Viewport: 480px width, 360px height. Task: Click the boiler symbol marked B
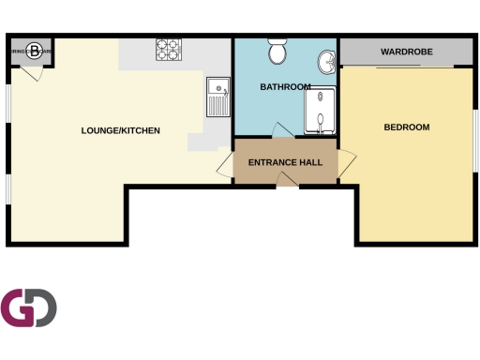[34, 51]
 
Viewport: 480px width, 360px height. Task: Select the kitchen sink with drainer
[217, 97]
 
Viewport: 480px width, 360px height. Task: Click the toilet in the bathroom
[277, 52]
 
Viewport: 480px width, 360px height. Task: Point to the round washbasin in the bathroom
[326, 63]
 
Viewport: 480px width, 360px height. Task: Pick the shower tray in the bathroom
[320, 109]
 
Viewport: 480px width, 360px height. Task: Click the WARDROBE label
[406, 52]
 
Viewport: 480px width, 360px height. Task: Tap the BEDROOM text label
[407, 127]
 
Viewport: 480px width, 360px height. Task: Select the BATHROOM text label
[285, 87]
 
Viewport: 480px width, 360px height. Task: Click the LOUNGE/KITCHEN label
[121, 130]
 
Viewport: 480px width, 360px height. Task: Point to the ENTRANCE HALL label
[285, 162]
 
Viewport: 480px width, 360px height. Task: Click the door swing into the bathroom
[281, 130]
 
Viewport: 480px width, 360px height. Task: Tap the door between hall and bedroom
[347, 161]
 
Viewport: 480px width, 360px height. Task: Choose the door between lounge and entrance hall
[225, 166]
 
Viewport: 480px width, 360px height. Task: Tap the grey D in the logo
[43, 307]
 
